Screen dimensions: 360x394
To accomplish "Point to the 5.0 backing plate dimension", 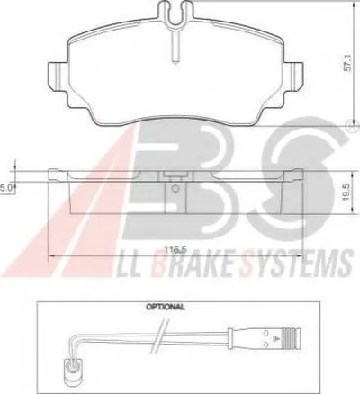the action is coord(5,188).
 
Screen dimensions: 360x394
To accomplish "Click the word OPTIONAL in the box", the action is coord(166,307).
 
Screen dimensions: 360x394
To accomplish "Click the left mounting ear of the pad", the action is coord(58,76).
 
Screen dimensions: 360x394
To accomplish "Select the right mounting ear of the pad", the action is coord(292,76).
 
